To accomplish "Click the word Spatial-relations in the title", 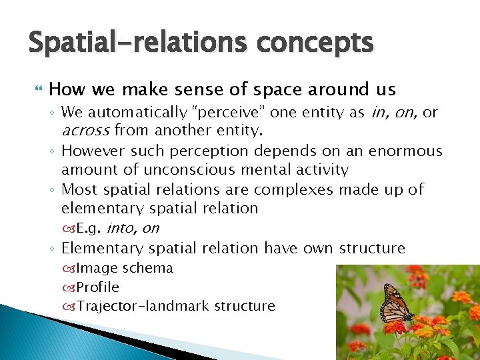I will click(135, 43).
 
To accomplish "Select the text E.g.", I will click(88, 229).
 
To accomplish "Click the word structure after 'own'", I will click(371, 248).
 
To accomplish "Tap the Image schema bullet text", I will click(124, 268).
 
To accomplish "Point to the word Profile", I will click(97, 287).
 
